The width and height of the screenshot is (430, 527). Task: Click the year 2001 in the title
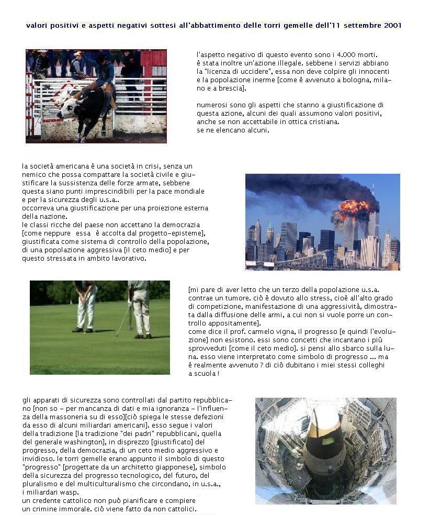[392, 26]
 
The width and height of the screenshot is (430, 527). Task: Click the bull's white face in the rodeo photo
[67, 110]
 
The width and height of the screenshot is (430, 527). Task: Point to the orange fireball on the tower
[352, 209]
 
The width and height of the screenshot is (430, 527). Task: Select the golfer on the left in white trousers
[85, 306]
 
